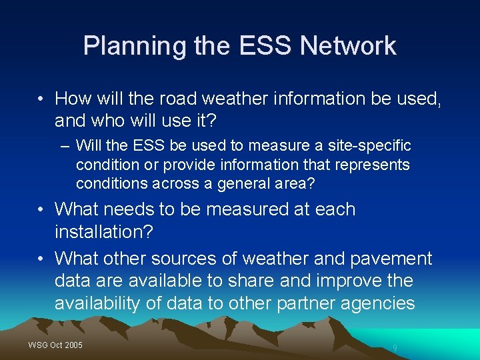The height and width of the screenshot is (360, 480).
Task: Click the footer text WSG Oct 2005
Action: [55, 345]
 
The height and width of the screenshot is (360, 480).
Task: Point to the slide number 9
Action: [395, 347]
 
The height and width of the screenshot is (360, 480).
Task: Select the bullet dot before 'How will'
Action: [41, 99]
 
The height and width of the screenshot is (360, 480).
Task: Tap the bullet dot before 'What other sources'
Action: [41, 258]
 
